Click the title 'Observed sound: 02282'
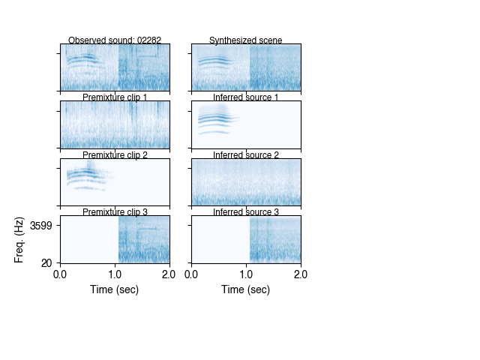tap(115, 40)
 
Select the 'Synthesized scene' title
tap(246, 40)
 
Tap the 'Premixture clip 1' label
tap(115, 97)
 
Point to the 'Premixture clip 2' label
tap(115, 155)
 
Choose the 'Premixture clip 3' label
tap(115, 212)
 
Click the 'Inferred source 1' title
tap(246, 97)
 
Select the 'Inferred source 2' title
tap(246, 155)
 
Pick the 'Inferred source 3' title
tap(246, 212)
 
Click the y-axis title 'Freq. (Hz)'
tap(19, 239)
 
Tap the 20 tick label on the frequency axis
tap(46, 262)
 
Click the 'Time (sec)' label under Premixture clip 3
tap(115, 289)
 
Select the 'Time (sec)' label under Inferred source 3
tap(246, 289)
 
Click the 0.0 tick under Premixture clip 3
tap(61, 274)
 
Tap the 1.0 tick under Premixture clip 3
tap(115, 274)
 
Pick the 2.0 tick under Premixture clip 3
tap(169, 274)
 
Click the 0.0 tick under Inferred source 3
tap(192, 274)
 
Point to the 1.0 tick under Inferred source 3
tap(246, 274)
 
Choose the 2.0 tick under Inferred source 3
tap(300, 274)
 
